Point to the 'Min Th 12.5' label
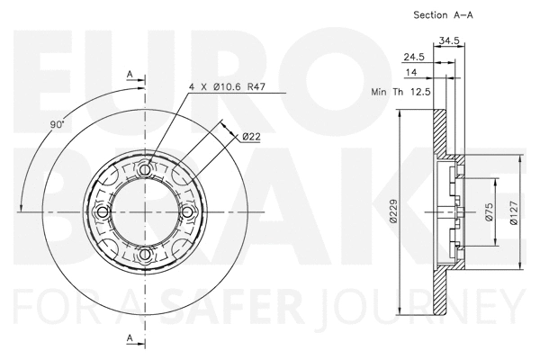400,92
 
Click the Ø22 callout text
251,136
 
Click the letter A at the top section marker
130,73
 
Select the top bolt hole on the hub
148,168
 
